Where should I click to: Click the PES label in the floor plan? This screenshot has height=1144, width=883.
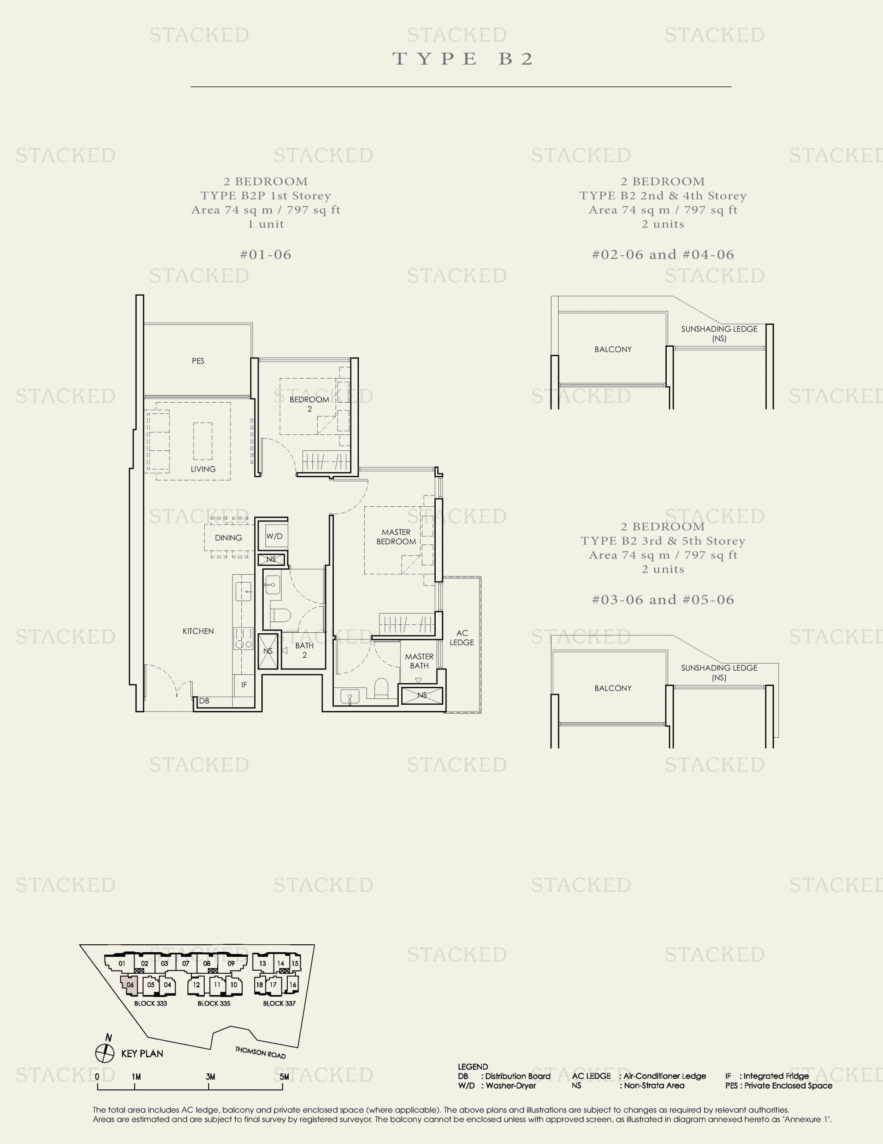[198, 361]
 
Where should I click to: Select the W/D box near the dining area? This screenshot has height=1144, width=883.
[274, 536]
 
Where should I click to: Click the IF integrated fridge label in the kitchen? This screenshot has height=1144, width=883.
[244, 685]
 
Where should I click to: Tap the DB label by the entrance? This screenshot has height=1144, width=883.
[204, 701]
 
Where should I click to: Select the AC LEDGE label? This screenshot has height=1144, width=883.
[462, 638]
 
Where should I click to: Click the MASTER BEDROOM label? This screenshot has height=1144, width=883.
[396, 536]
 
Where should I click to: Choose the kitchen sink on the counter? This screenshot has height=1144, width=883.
[244, 592]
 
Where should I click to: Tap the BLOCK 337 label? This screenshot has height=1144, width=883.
[279, 1003]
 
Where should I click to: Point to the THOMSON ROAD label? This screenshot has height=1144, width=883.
[260, 1052]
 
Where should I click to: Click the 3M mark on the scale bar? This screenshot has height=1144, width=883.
[210, 1077]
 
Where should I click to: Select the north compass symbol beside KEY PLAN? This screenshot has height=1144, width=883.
[105, 1052]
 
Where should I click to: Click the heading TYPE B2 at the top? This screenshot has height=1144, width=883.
[463, 59]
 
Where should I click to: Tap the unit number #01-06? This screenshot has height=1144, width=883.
[265, 255]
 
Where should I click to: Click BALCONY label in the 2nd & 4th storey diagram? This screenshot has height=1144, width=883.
[613, 349]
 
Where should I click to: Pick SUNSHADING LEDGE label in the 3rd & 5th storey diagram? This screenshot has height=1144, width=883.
[719, 672]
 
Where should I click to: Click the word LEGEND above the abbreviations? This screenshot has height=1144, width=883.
[472, 1067]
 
